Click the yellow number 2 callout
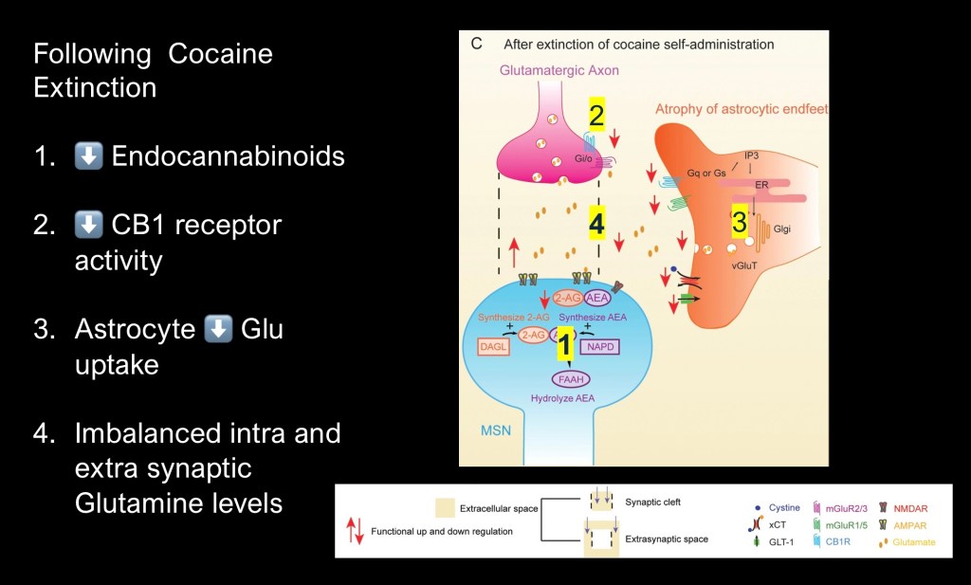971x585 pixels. coord(596,115)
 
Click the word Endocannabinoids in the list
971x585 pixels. coord(228,156)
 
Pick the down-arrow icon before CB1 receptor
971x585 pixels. coord(88,227)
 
